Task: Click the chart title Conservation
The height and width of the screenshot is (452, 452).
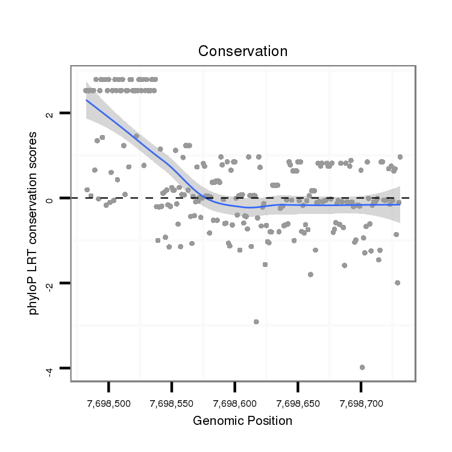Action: [x=243, y=52]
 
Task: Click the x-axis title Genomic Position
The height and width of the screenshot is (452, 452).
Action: [x=242, y=421]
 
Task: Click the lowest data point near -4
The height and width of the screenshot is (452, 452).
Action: [x=362, y=367]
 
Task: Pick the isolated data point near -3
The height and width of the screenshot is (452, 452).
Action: [x=256, y=322]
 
